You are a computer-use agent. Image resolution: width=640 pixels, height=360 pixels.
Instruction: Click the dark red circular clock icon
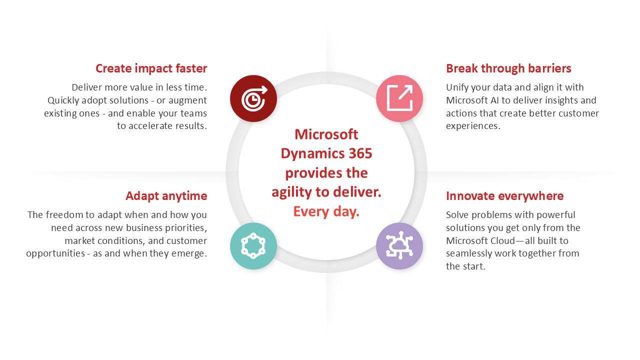[x=253, y=98]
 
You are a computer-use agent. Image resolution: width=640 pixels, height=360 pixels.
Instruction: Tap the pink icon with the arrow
[x=399, y=98]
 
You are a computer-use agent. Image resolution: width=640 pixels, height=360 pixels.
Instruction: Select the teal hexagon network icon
[x=253, y=246]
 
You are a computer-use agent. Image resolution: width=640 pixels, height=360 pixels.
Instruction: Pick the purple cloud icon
[x=399, y=246]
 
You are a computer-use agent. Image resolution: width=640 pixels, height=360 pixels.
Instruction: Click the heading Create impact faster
[x=151, y=68]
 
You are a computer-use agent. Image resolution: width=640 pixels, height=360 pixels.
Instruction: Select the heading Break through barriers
[x=508, y=68]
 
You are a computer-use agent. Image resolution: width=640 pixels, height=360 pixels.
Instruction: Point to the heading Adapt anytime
[x=166, y=196]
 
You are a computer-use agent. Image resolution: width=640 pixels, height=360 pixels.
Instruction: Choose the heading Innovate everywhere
[x=504, y=196]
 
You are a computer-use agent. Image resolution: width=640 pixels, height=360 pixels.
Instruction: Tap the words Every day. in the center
[x=326, y=211]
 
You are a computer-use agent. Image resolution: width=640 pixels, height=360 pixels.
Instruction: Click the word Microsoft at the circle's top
[x=326, y=134]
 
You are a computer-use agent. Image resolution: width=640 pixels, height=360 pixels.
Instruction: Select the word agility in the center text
[x=289, y=192]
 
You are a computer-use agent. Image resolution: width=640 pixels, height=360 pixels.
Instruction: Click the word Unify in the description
[x=457, y=87]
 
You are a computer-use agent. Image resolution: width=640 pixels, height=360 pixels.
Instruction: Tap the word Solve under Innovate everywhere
[x=457, y=215]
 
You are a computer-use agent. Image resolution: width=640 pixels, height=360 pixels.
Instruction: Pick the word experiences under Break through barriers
[x=472, y=126]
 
